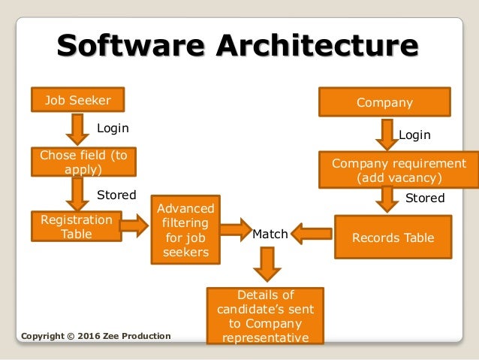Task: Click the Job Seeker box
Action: tap(78, 99)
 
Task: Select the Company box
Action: tap(385, 102)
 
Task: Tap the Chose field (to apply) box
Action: tap(78, 162)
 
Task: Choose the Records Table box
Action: tap(393, 237)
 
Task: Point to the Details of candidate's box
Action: tap(264, 316)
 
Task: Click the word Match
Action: tap(270, 234)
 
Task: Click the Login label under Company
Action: tap(414, 135)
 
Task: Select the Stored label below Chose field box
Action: tap(116, 195)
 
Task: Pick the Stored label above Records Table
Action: tap(425, 198)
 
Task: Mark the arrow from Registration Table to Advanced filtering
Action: tap(133, 224)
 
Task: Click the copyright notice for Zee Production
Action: tap(96, 335)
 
